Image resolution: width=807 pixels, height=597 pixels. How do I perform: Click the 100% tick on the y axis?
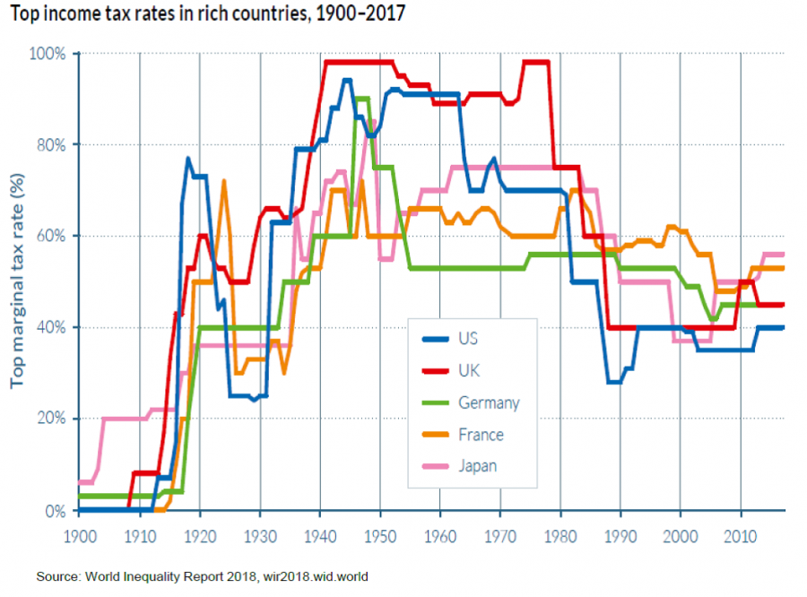tap(49, 54)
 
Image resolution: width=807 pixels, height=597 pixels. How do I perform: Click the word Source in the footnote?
tap(58, 575)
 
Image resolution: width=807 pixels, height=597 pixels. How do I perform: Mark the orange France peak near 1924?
tap(223, 181)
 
